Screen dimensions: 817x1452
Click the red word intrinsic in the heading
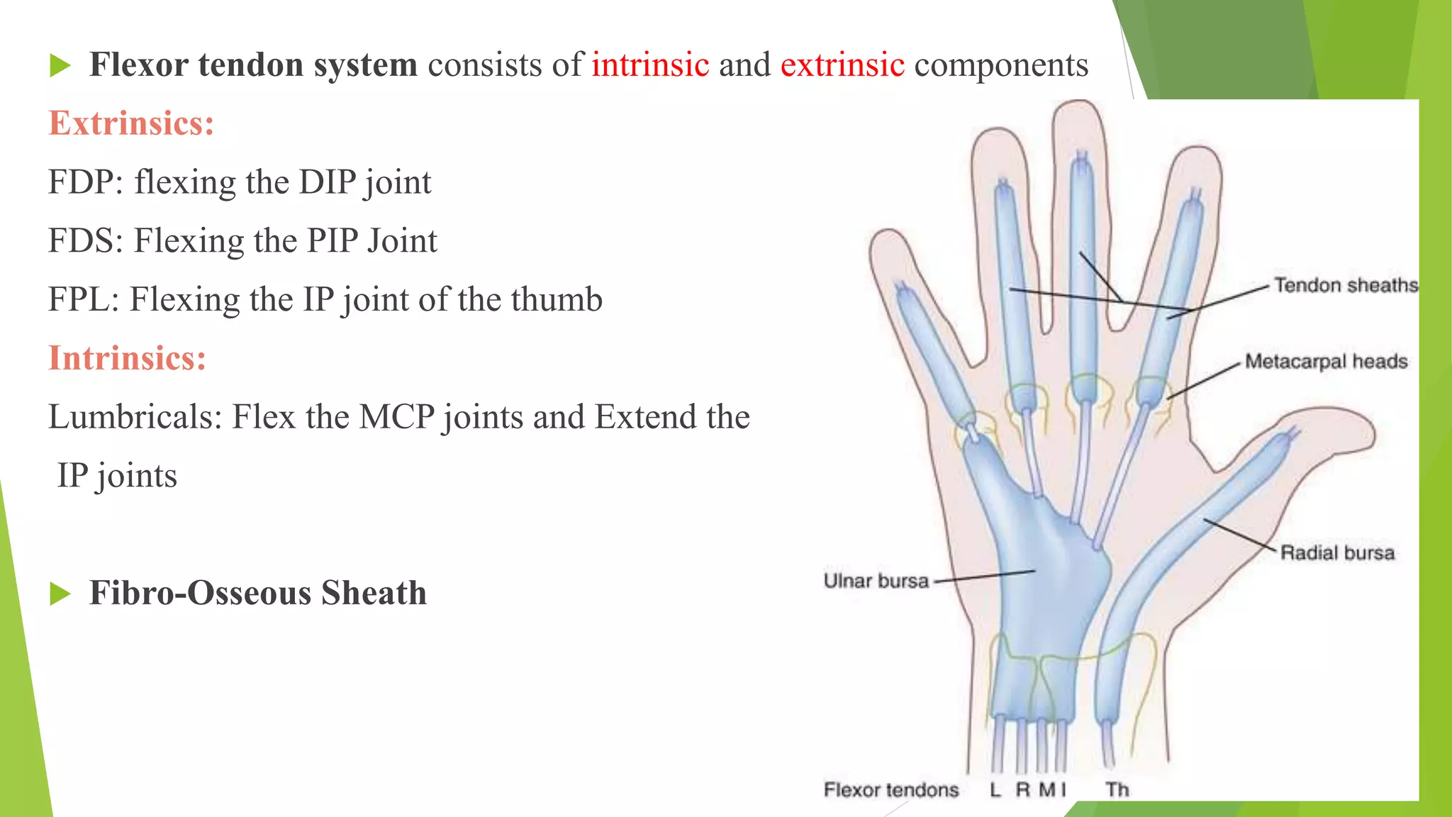point(650,65)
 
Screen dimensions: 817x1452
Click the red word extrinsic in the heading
point(842,65)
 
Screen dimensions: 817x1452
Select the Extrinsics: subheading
point(131,123)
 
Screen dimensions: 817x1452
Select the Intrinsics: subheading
point(127,358)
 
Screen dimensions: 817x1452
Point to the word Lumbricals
point(134,417)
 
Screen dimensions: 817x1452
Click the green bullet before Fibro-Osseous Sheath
point(61,594)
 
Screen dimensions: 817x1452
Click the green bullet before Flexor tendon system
point(61,66)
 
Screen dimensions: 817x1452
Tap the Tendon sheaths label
point(1346,285)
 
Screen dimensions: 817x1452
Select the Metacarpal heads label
point(1326,362)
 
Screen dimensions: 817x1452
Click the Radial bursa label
point(1337,553)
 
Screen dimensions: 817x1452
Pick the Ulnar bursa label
point(876,581)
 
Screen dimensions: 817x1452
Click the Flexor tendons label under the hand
point(890,789)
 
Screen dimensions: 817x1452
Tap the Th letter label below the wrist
point(1117,789)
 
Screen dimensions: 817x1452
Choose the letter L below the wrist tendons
point(995,789)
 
